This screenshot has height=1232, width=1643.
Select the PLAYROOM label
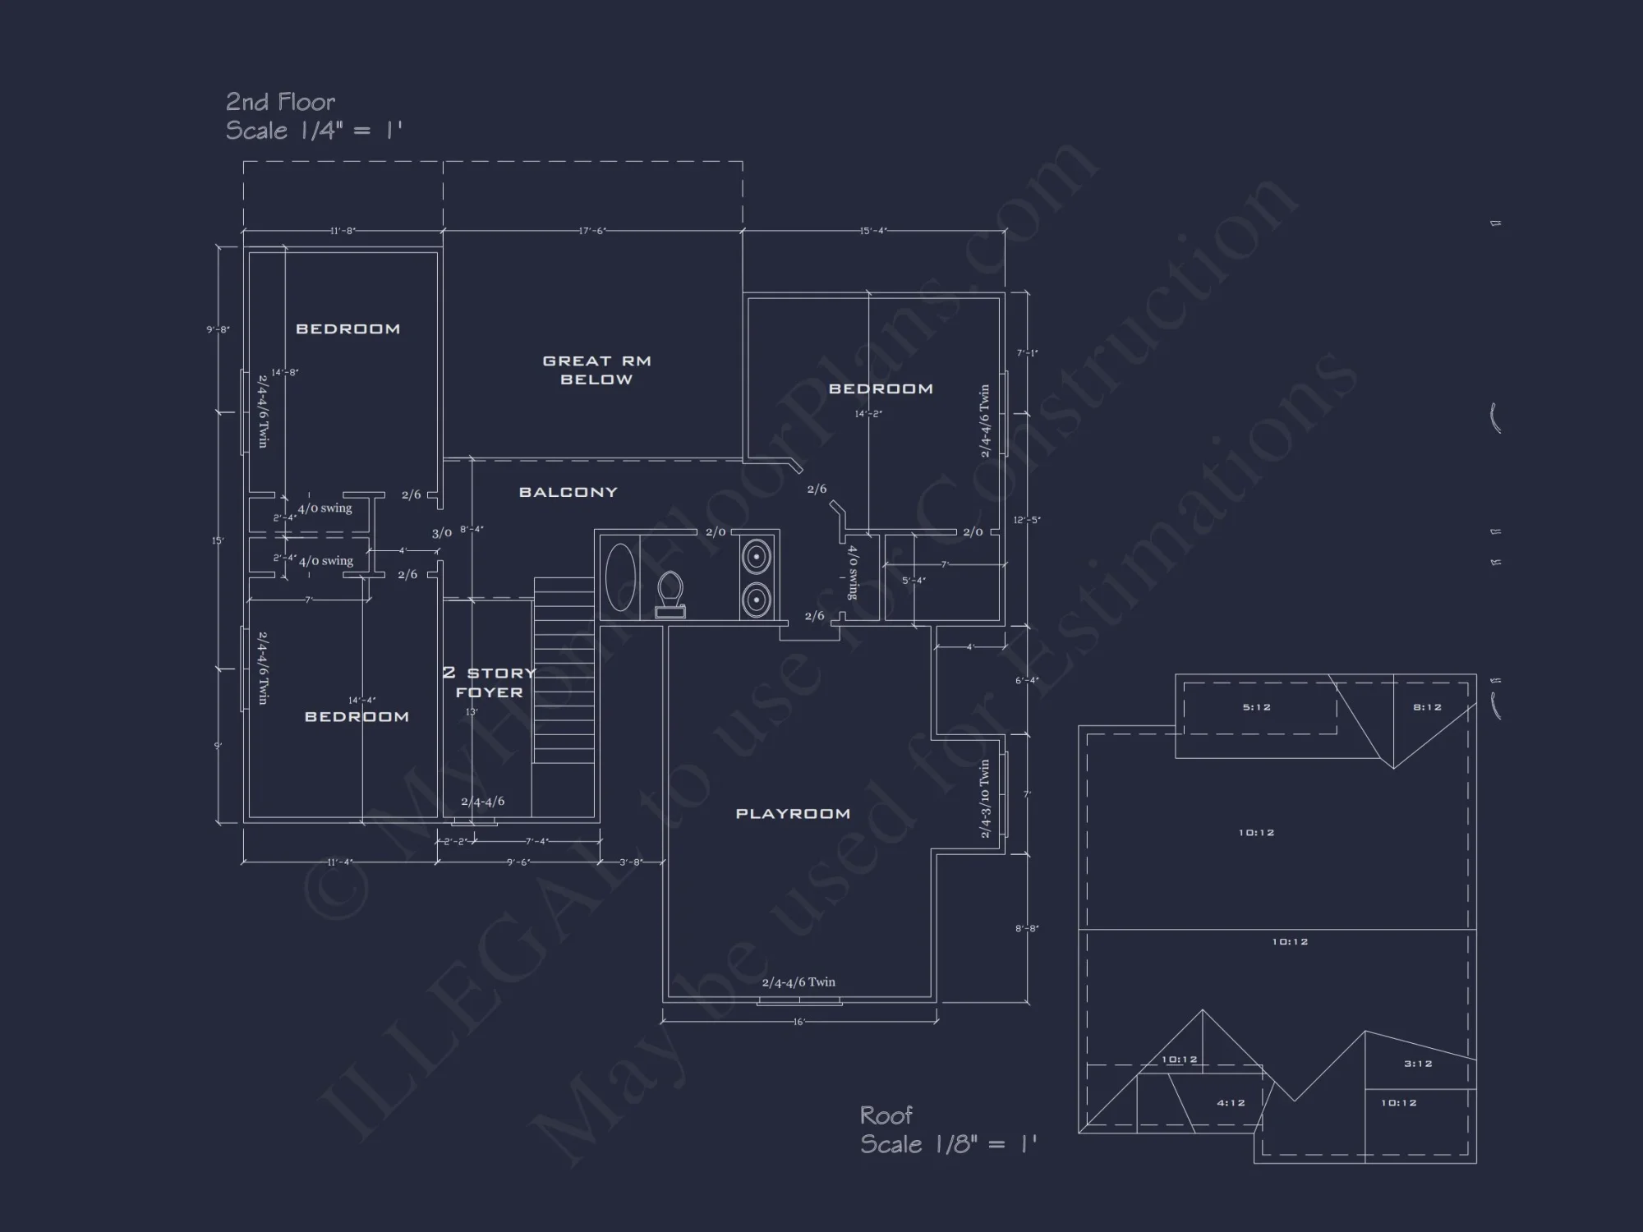pyautogui.click(x=792, y=813)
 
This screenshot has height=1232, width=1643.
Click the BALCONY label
pyautogui.click(x=568, y=492)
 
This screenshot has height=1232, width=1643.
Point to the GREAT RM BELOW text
pyautogui.click(x=596, y=370)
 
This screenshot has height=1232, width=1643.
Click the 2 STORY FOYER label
pyautogui.click(x=489, y=683)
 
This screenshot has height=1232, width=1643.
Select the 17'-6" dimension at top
pyautogui.click(x=592, y=231)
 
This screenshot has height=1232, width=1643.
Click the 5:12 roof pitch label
pyautogui.click(x=1257, y=707)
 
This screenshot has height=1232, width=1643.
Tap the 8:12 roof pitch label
pyautogui.click(x=1427, y=707)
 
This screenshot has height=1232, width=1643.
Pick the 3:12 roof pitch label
pyautogui.click(x=1418, y=1064)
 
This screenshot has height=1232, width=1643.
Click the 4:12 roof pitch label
pyautogui.click(x=1231, y=1103)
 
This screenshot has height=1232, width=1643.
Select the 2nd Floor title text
pyautogui.click(x=280, y=102)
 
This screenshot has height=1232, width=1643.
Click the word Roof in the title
pyautogui.click(x=886, y=1115)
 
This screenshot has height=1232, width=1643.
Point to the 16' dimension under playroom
pyautogui.click(x=798, y=1022)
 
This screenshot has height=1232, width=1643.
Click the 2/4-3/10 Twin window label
pyautogui.click(x=985, y=798)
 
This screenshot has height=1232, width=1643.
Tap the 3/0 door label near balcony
pyautogui.click(x=442, y=533)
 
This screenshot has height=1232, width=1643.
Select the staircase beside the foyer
pyautogui.click(x=564, y=669)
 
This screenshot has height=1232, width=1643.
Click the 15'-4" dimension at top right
pyautogui.click(x=872, y=231)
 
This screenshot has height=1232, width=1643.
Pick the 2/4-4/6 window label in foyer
pyautogui.click(x=482, y=802)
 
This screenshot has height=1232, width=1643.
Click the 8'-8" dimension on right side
pyautogui.click(x=1026, y=928)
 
